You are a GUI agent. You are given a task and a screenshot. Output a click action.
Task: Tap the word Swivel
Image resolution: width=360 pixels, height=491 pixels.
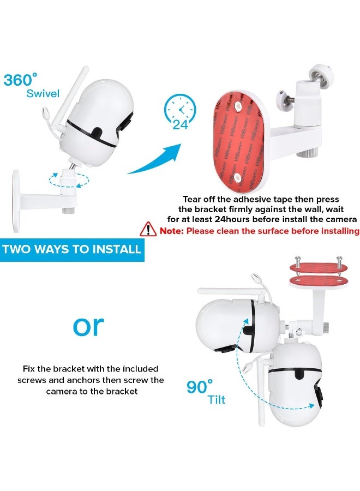coord(43,93)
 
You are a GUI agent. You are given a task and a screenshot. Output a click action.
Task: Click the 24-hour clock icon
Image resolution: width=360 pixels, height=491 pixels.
coord(180,112)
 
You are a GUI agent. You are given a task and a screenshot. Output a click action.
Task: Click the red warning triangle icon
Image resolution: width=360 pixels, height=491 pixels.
coord(148,229)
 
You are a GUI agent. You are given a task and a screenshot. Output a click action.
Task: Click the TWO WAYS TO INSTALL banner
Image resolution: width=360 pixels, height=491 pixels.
coord(72,249)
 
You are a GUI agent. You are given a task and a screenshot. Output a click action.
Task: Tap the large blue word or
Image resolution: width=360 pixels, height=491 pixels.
coord(88,326)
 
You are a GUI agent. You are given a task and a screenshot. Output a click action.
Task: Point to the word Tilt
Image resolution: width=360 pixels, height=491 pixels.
coord(217,399)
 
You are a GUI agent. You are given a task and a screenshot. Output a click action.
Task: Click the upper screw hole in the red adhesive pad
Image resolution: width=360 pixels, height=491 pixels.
coord(238,105)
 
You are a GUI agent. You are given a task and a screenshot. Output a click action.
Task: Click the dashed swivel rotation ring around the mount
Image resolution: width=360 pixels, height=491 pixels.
coord(69,180)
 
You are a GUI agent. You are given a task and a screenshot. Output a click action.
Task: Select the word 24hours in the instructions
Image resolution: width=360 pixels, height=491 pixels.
coord(232,219)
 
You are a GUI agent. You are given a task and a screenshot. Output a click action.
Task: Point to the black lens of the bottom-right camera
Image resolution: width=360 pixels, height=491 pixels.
coord(301,374)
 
